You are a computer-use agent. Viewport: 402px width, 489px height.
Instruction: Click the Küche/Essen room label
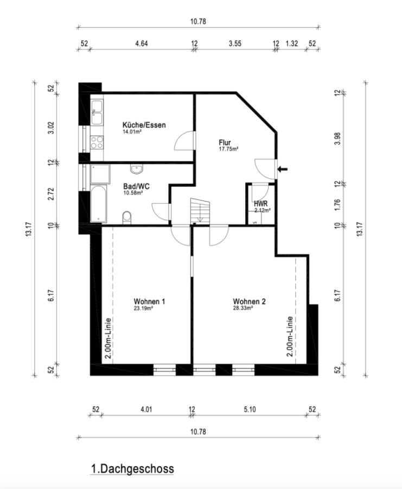pyautogui.click(x=144, y=125)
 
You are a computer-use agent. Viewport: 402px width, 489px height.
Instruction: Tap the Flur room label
pyautogui.click(x=225, y=142)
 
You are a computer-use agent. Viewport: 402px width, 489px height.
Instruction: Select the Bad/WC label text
pyautogui.click(x=136, y=186)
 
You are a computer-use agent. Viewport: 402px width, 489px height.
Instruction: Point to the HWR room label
pyautogui.click(x=261, y=204)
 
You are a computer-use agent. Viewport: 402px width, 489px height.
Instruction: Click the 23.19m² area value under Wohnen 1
pyautogui.click(x=143, y=308)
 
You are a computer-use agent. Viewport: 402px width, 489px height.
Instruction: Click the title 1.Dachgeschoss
pyautogui.click(x=132, y=468)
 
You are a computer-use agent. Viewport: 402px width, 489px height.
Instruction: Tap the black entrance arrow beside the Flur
pyautogui.click(x=283, y=170)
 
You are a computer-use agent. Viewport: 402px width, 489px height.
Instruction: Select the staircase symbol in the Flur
pyautogui.click(x=199, y=210)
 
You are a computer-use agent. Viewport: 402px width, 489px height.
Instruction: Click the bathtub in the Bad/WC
pyautogui.click(x=98, y=205)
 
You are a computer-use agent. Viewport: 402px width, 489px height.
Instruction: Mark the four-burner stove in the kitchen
pyautogui.click(x=97, y=142)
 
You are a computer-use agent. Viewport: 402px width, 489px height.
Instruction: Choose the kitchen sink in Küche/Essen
pyautogui.click(x=97, y=112)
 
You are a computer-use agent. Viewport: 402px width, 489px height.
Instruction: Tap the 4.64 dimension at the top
pyautogui.click(x=141, y=43)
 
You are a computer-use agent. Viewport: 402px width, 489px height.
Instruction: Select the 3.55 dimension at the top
pyautogui.click(x=235, y=43)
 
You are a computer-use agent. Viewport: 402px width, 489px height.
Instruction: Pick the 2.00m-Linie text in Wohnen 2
pyautogui.click(x=290, y=336)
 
